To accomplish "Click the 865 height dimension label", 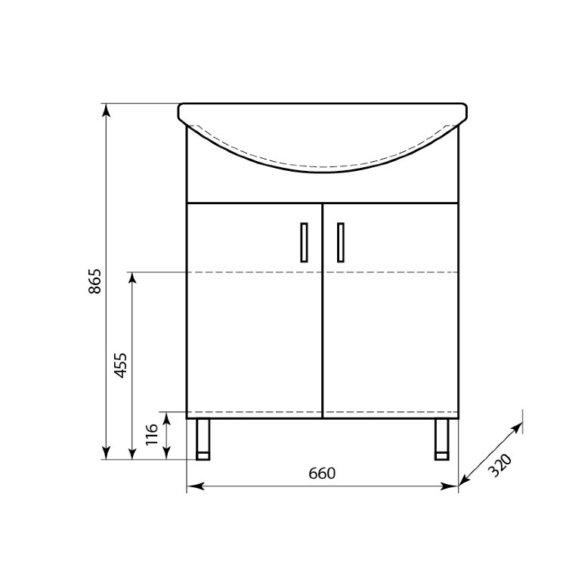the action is (x=95, y=281).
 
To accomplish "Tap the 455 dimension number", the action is (x=120, y=365).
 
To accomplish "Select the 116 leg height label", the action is (x=152, y=434).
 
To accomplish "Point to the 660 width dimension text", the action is (x=322, y=474).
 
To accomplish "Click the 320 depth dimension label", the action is (x=500, y=465).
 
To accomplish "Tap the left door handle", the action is (x=304, y=242).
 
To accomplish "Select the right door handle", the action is (x=341, y=242).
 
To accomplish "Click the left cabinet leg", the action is (x=203, y=439).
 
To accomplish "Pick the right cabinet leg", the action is (x=441, y=439).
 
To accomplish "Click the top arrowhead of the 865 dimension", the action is (x=106, y=110).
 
